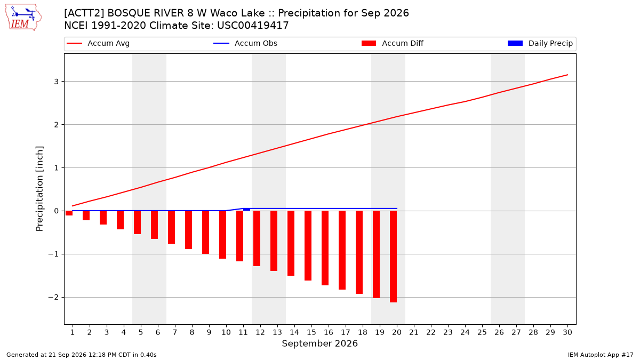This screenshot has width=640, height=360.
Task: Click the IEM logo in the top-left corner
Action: click(23, 18)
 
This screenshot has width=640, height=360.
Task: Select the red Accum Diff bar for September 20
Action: click(394, 257)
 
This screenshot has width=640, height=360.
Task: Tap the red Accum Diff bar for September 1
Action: click(69, 213)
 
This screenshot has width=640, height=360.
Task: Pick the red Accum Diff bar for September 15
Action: click(308, 245)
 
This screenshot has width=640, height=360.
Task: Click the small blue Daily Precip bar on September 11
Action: click(246, 210)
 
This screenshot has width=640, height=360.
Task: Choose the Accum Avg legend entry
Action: click(98, 43)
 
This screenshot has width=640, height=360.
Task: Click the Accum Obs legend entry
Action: click(245, 43)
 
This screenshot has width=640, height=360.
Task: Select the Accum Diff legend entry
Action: click(393, 43)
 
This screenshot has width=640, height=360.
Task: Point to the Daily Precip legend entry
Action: click(540, 43)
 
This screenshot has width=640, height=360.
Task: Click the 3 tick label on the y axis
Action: click(57, 82)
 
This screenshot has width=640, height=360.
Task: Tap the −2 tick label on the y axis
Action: click(53, 298)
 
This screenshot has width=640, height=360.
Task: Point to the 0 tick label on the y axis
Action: click(57, 211)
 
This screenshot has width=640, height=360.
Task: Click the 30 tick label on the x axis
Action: click(567, 332)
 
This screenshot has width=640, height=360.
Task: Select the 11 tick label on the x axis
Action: click(243, 332)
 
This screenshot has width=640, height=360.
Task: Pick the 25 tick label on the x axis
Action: click(482, 332)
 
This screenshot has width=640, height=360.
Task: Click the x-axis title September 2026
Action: click(319, 343)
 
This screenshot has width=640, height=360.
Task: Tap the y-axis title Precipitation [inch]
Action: click(39, 189)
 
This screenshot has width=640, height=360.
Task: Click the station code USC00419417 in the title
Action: click(253, 26)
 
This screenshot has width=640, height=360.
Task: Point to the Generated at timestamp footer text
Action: click(82, 355)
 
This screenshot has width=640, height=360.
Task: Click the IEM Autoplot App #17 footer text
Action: click(601, 355)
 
